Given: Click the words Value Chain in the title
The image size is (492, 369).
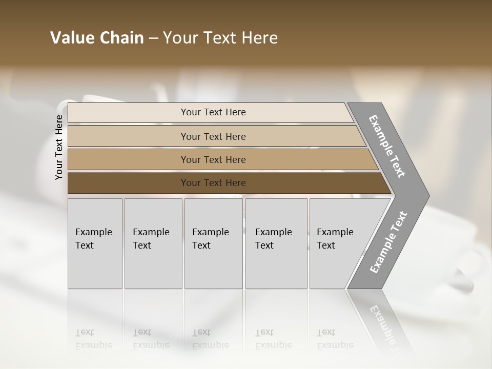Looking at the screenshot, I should (x=97, y=38).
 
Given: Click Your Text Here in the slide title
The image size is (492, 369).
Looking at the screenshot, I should (x=220, y=38).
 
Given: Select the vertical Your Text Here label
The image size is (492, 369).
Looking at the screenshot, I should (x=59, y=147).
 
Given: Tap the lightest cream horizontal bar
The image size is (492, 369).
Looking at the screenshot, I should (x=128, y=113).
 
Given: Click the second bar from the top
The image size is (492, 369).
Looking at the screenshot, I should (x=128, y=136).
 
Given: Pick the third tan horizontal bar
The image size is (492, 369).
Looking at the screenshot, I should (x=128, y=159).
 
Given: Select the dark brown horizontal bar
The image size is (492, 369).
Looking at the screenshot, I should (x=128, y=183).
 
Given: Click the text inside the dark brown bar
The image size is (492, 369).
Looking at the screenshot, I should (x=213, y=183).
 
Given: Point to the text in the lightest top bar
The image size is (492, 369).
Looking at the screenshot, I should (x=213, y=112).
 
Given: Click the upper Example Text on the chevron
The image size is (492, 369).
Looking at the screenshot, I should (x=387, y=146).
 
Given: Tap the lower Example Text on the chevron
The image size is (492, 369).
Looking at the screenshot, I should (x=388, y=242).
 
